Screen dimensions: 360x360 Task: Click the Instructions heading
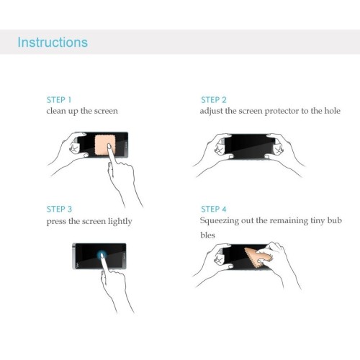(53, 42)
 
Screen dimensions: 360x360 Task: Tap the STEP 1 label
(59, 100)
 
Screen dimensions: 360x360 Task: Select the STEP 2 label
(214, 100)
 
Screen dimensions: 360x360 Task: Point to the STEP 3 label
(59, 209)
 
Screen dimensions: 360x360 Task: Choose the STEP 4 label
(214, 209)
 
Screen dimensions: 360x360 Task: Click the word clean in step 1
(56, 111)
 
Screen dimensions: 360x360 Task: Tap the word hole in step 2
(332, 111)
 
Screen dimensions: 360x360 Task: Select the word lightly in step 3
(120, 221)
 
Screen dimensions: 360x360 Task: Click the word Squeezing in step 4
(220, 221)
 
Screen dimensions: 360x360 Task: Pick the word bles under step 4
(207, 235)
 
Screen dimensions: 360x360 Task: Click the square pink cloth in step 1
(104, 145)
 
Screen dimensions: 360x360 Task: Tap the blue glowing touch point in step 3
(102, 255)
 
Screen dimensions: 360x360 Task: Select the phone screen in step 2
(249, 146)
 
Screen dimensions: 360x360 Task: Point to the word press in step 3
(56, 222)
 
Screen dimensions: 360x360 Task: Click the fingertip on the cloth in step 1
(109, 146)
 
